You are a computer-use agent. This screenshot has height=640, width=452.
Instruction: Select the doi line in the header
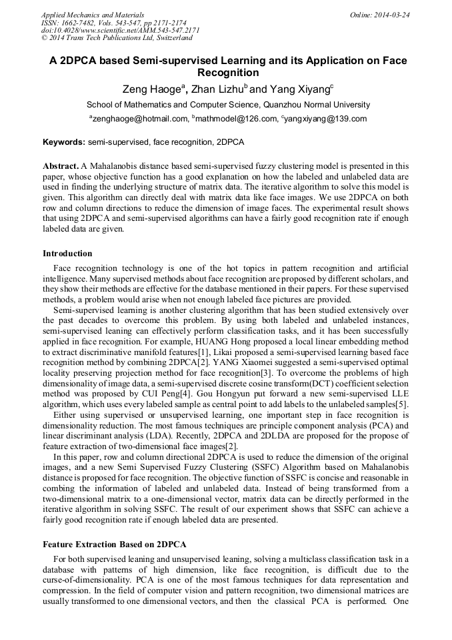coord(120,31)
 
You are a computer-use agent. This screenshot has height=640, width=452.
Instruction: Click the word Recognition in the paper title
coord(228,73)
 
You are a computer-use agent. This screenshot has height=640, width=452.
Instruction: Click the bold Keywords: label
coord(64,142)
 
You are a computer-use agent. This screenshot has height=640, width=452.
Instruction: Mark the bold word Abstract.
coord(61,165)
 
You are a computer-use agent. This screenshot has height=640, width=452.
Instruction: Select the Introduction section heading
coord(67,254)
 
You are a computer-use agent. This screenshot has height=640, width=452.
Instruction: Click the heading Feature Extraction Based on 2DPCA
coord(114,545)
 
